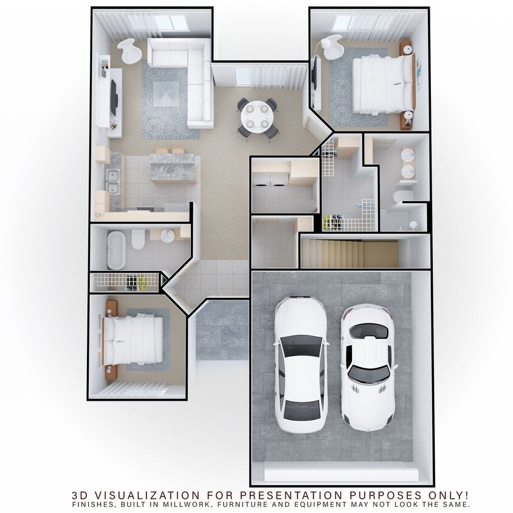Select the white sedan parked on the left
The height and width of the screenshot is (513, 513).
pyautogui.click(x=301, y=365)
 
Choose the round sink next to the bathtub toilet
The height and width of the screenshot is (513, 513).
pyautogui.click(x=167, y=235)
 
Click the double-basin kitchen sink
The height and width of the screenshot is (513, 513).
pyautogui.click(x=112, y=180)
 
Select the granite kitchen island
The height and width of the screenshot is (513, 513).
pyautogui.click(x=173, y=167)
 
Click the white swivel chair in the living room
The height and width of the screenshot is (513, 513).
pyautogui.click(x=129, y=50)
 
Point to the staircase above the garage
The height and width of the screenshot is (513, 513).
pyautogui.click(x=349, y=253)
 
